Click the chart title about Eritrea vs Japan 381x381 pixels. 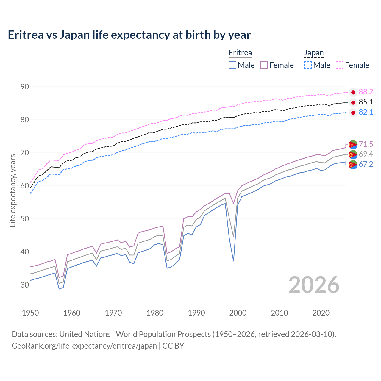129,35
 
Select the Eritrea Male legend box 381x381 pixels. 232,65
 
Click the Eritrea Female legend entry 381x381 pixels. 277,65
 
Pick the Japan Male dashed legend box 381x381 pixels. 308,65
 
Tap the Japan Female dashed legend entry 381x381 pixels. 352,65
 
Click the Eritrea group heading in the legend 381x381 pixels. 240,53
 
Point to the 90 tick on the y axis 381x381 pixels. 25,87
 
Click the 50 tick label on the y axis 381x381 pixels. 25,219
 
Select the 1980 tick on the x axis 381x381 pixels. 155,313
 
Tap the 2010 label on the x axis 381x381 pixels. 279,313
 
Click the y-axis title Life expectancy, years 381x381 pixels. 13,190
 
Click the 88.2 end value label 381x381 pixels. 366,92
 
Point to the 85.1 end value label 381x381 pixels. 366,102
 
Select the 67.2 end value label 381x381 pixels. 366,164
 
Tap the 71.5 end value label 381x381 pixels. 366,144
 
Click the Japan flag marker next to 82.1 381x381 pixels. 353,113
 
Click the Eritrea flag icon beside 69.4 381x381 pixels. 353,154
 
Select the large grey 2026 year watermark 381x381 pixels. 314,285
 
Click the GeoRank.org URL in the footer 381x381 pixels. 84,346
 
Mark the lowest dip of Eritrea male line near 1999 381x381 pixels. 233,261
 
